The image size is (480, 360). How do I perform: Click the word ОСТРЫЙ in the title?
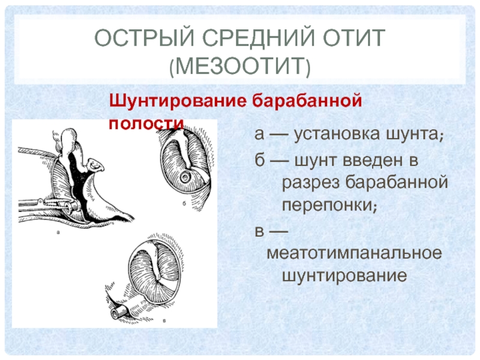(x=144, y=38)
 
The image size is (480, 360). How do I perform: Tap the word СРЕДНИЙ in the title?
(x=259, y=38)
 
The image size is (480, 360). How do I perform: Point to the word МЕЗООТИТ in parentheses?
(x=240, y=65)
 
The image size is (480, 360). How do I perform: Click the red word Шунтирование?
(x=178, y=101)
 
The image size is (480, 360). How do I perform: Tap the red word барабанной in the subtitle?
(x=307, y=100)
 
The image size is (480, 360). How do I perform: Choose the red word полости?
(x=146, y=124)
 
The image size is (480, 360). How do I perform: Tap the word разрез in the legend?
(x=310, y=183)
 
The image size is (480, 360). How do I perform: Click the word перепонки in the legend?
(x=329, y=205)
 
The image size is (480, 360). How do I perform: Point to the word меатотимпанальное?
(x=354, y=253)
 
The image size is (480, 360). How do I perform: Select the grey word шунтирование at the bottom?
(x=344, y=276)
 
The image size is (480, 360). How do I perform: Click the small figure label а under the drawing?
(x=58, y=232)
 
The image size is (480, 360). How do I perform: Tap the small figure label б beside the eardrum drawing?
(x=184, y=203)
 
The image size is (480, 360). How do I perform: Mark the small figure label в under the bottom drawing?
(x=164, y=321)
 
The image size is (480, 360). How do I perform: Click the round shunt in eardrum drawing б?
(x=185, y=177)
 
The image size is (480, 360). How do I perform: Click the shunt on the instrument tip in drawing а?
(x=72, y=206)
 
